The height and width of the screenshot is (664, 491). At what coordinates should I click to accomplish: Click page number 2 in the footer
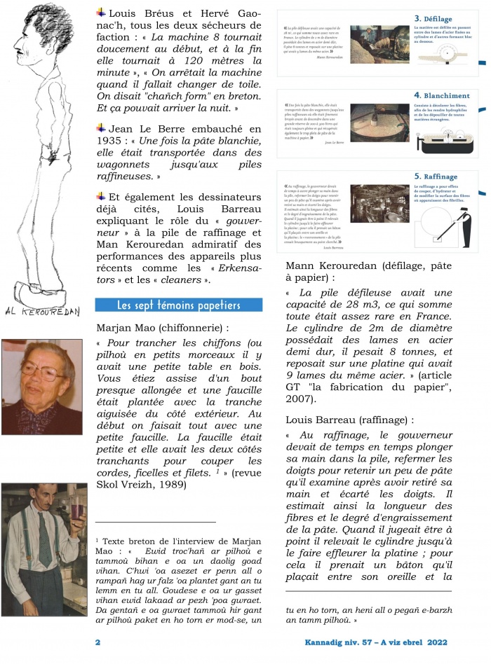click(98, 642)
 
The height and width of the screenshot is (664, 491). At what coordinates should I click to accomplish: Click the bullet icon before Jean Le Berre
click(101, 128)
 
